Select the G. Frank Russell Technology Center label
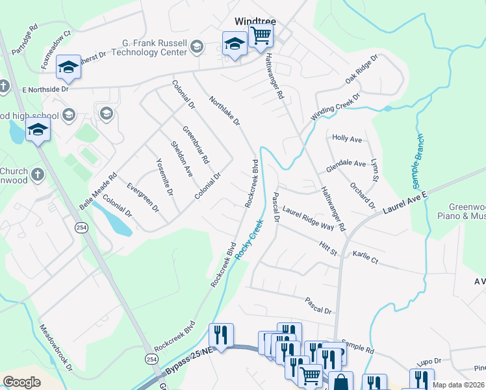pyautogui.click(x=154, y=47)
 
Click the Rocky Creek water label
pyautogui.click(x=250, y=240)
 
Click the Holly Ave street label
pyautogui.click(x=346, y=139)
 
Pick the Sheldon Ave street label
pyautogui.click(x=181, y=159)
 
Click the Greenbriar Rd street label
pyautogui.click(x=195, y=144)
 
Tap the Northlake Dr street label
pyautogui.click(x=225, y=111)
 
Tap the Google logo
pyautogui.click(x=21, y=382)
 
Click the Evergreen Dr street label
pyautogui.click(x=143, y=196)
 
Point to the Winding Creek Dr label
pyautogui.click(x=335, y=106)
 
